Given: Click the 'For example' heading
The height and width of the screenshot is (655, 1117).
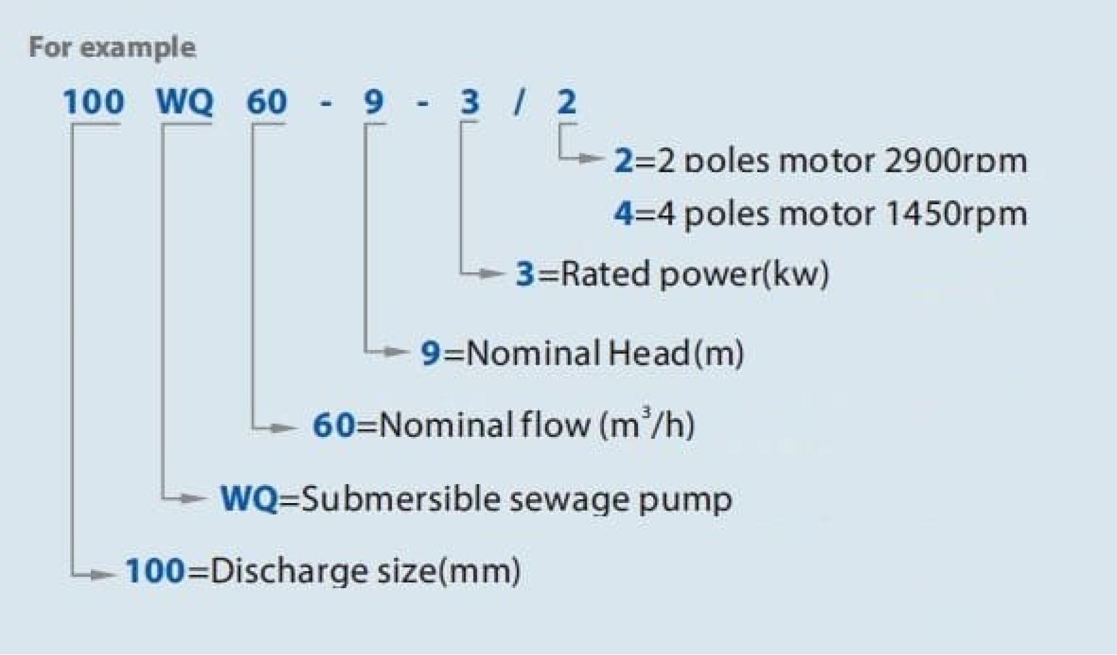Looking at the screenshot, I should pyautogui.click(x=112, y=48).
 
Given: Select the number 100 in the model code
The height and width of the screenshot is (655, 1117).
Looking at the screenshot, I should pyautogui.click(x=93, y=102).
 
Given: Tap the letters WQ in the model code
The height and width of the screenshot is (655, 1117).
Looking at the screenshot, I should pyautogui.click(x=184, y=102).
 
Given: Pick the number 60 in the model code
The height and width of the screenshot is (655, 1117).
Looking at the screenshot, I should pyautogui.click(x=266, y=102).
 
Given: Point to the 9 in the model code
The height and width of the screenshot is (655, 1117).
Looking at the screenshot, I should pyautogui.click(x=373, y=102).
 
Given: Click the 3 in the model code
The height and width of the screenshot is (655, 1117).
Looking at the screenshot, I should pyautogui.click(x=470, y=102).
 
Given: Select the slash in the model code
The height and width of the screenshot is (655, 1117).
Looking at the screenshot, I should pyautogui.click(x=519, y=102).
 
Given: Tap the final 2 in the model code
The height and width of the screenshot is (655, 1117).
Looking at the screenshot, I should pyautogui.click(x=567, y=102).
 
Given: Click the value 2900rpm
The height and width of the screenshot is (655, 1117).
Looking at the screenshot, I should pyautogui.click(x=955, y=161).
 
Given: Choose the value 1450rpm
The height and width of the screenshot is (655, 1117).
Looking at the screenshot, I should pyautogui.click(x=955, y=214).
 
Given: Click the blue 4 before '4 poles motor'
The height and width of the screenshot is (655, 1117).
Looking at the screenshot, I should pyautogui.click(x=623, y=214).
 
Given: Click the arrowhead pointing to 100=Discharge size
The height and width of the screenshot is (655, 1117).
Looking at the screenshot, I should pyautogui.click(x=103, y=575).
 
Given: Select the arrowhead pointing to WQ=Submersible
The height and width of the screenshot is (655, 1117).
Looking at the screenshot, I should pyautogui.click(x=193, y=498).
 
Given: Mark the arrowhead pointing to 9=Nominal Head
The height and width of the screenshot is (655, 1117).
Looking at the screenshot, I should pyautogui.click(x=396, y=352).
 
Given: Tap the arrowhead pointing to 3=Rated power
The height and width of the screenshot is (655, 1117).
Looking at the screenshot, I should pyautogui.click(x=493, y=273).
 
